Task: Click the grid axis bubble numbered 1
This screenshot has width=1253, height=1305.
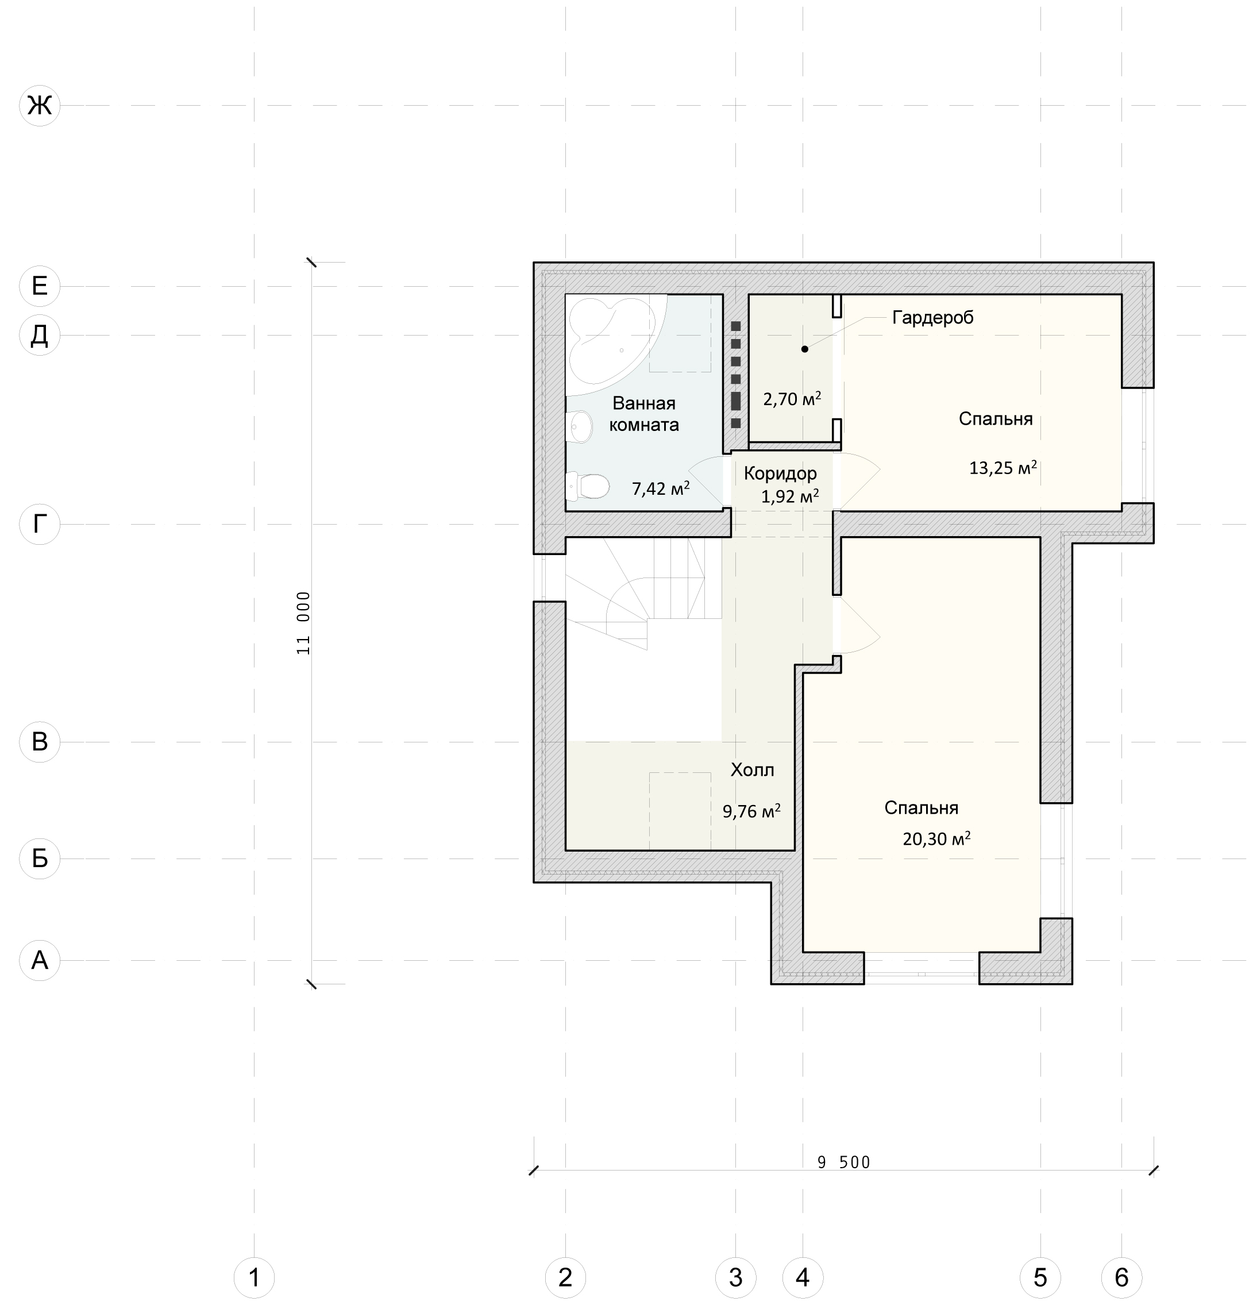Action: coord(254,1277)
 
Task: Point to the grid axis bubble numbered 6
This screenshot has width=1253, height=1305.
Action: coord(1122,1277)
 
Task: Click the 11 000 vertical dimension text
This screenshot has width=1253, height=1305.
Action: coord(303,623)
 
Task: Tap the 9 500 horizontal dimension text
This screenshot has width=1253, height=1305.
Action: coord(843,1162)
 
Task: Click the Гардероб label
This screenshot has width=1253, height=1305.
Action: coord(933,318)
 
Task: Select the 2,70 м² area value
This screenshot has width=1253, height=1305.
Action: coord(792,399)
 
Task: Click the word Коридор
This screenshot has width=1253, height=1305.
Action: coord(780,474)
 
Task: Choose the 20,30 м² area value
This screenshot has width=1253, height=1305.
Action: coord(936,838)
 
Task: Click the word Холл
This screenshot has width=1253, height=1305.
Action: coord(753,771)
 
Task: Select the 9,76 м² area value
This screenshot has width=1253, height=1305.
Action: coord(751,811)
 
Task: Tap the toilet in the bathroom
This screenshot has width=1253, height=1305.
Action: coord(588,486)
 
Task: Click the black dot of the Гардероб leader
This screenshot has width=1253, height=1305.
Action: coord(804,349)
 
